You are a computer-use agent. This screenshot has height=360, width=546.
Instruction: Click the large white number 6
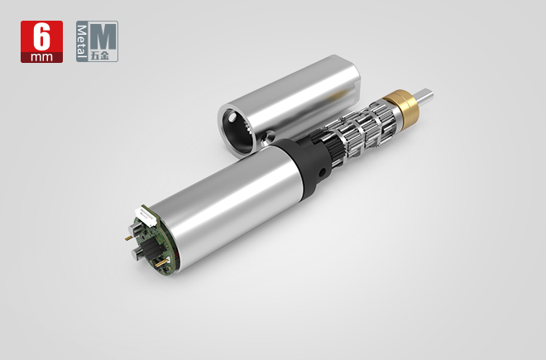pos(42,37)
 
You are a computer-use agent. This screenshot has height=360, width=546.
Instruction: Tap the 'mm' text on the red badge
pos(42,57)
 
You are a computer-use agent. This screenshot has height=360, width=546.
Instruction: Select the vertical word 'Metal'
pos(81,41)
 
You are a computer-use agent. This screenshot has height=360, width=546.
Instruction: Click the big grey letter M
pos(103,36)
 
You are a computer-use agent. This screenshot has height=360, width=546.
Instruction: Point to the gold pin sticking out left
pos(128,238)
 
